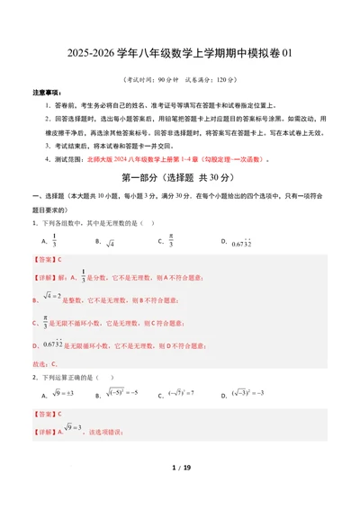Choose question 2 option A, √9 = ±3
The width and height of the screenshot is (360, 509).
pos(64,394)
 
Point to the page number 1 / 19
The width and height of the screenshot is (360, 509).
pos(180,493)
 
